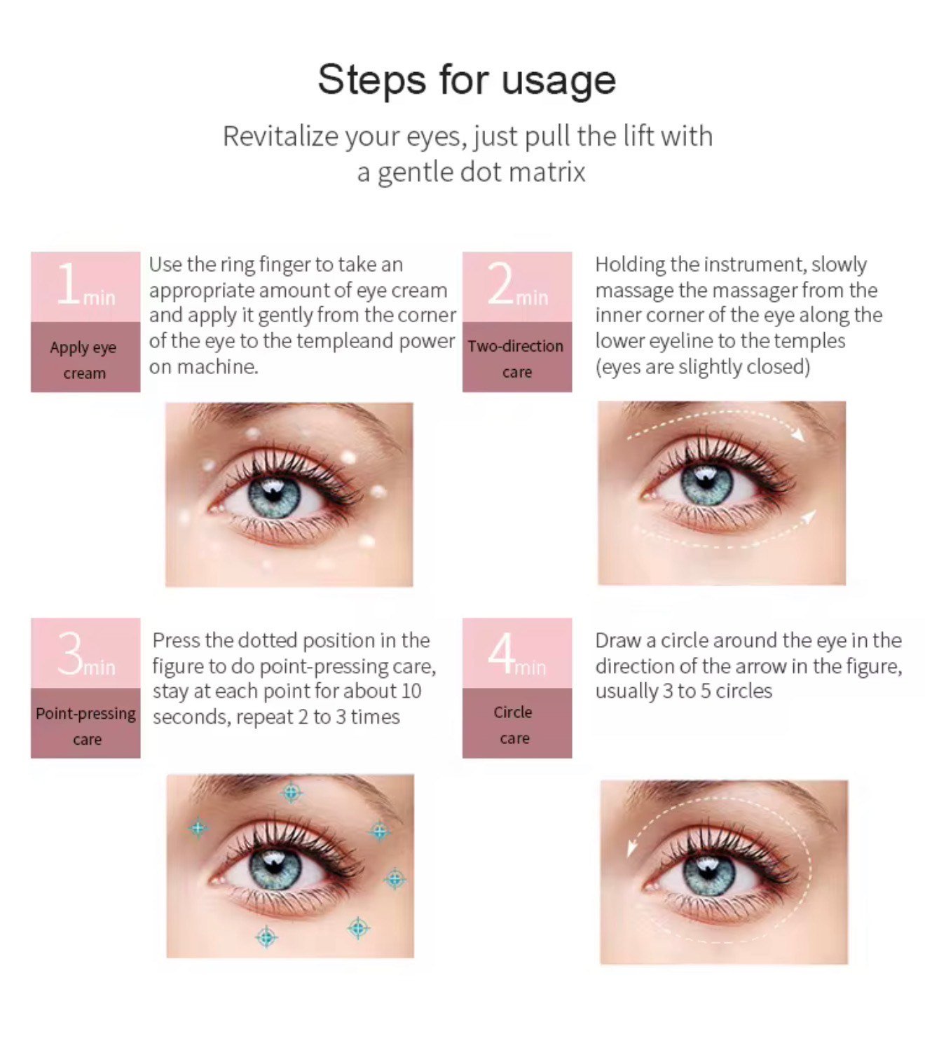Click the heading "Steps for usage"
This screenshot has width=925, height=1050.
[467, 79]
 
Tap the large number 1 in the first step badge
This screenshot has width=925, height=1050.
[69, 284]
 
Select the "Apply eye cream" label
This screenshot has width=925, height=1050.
[84, 360]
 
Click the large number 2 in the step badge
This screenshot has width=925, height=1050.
[501, 284]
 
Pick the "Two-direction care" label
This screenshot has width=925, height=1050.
[516, 359]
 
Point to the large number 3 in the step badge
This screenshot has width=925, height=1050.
[70, 654]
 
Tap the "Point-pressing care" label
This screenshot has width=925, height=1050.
[86, 726]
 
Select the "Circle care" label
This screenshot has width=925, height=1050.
[514, 724]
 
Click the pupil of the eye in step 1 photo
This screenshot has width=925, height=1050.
[274, 495]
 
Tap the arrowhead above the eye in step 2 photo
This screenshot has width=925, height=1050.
[798, 434]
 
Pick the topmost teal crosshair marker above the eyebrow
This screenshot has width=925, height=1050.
[291, 793]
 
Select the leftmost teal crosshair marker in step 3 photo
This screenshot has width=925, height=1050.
[198, 829]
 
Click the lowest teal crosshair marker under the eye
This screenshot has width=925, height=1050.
[266, 936]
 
